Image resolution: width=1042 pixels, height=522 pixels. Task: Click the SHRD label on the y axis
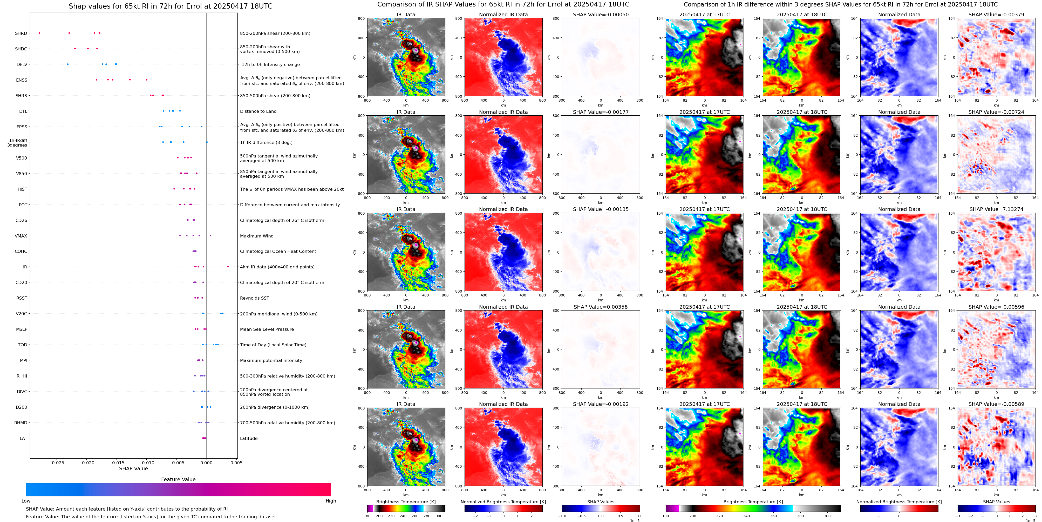[x=21, y=33]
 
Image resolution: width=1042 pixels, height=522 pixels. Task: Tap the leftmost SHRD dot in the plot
[x=39, y=33]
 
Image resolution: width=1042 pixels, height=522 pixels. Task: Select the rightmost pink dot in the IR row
[x=228, y=267]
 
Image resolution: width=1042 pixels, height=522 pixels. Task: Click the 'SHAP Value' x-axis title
[x=133, y=468]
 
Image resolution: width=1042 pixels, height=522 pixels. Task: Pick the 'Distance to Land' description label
[x=258, y=111]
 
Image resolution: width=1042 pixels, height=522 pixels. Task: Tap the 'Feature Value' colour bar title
[x=178, y=479]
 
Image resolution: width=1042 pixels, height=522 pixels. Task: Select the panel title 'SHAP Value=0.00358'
[x=600, y=307]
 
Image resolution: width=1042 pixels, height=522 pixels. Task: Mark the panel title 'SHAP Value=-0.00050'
[x=600, y=15]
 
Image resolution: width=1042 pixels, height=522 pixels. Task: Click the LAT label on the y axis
[x=23, y=438]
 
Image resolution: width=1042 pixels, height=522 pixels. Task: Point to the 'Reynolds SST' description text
[x=254, y=298]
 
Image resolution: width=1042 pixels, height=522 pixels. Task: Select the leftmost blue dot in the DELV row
[x=67, y=64]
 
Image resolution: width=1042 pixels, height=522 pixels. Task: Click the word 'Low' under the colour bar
[x=26, y=501]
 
